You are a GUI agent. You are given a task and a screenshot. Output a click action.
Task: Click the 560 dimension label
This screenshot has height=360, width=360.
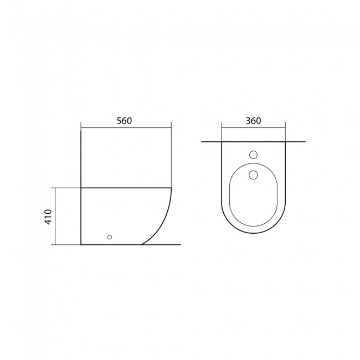pyautogui.click(x=124, y=121)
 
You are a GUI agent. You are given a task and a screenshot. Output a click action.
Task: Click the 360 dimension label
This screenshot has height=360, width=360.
pyautogui.click(x=254, y=121)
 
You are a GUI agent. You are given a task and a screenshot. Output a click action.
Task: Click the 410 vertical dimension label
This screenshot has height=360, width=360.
pyautogui.click(x=48, y=217)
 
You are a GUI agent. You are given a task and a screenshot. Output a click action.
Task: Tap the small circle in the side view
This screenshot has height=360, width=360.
pyautogui.click(x=110, y=237)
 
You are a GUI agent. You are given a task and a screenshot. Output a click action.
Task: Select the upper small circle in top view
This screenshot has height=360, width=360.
pyautogui.click(x=253, y=155)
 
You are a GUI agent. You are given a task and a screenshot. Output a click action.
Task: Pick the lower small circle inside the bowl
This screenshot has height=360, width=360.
pyautogui.click(x=253, y=174)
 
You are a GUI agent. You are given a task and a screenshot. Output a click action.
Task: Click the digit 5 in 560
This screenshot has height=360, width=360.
pyautogui.click(x=119, y=121)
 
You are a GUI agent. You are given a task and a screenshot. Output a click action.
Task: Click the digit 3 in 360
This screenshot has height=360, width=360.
pyautogui.click(x=249, y=121)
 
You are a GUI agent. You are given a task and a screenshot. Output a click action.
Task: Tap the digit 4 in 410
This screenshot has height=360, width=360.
pyautogui.click(x=48, y=222)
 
